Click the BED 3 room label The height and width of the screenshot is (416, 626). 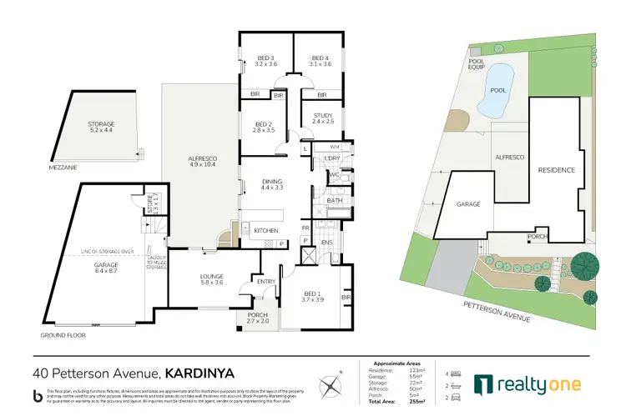tap(266, 60)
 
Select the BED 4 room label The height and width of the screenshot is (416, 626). tap(320, 60)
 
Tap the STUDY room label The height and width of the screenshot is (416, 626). tap(323, 118)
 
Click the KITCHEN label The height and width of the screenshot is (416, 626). tap(265, 230)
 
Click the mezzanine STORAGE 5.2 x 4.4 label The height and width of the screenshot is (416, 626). tap(101, 127)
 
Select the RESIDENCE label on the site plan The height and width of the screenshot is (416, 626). tap(556, 170)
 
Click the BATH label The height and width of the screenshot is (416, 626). tap(334, 200)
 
